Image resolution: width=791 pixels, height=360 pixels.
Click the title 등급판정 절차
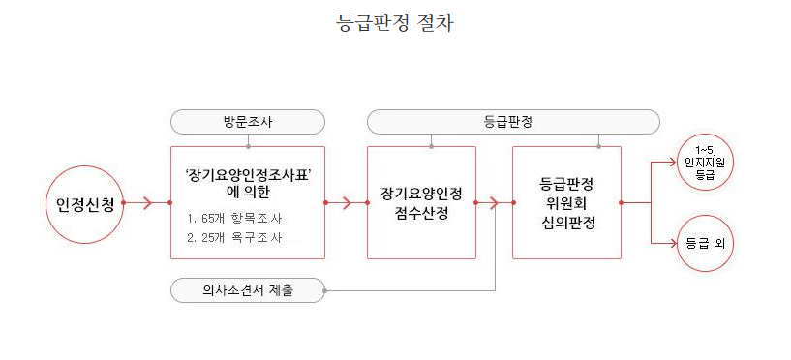point(395,24)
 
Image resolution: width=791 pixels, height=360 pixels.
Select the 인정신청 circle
point(85,203)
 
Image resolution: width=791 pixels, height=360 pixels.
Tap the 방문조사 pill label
point(247,122)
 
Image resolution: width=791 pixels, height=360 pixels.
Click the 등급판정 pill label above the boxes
point(513,122)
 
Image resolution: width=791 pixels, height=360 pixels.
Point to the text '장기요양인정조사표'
point(247,174)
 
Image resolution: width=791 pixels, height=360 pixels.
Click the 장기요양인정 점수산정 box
point(421,202)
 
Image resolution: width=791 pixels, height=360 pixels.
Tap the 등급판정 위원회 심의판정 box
point(565,202)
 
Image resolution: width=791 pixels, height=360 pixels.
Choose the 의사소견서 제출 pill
point(247,290)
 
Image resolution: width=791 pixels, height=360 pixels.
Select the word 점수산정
point(421,213)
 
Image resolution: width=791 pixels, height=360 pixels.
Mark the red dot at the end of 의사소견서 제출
point(325,290)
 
